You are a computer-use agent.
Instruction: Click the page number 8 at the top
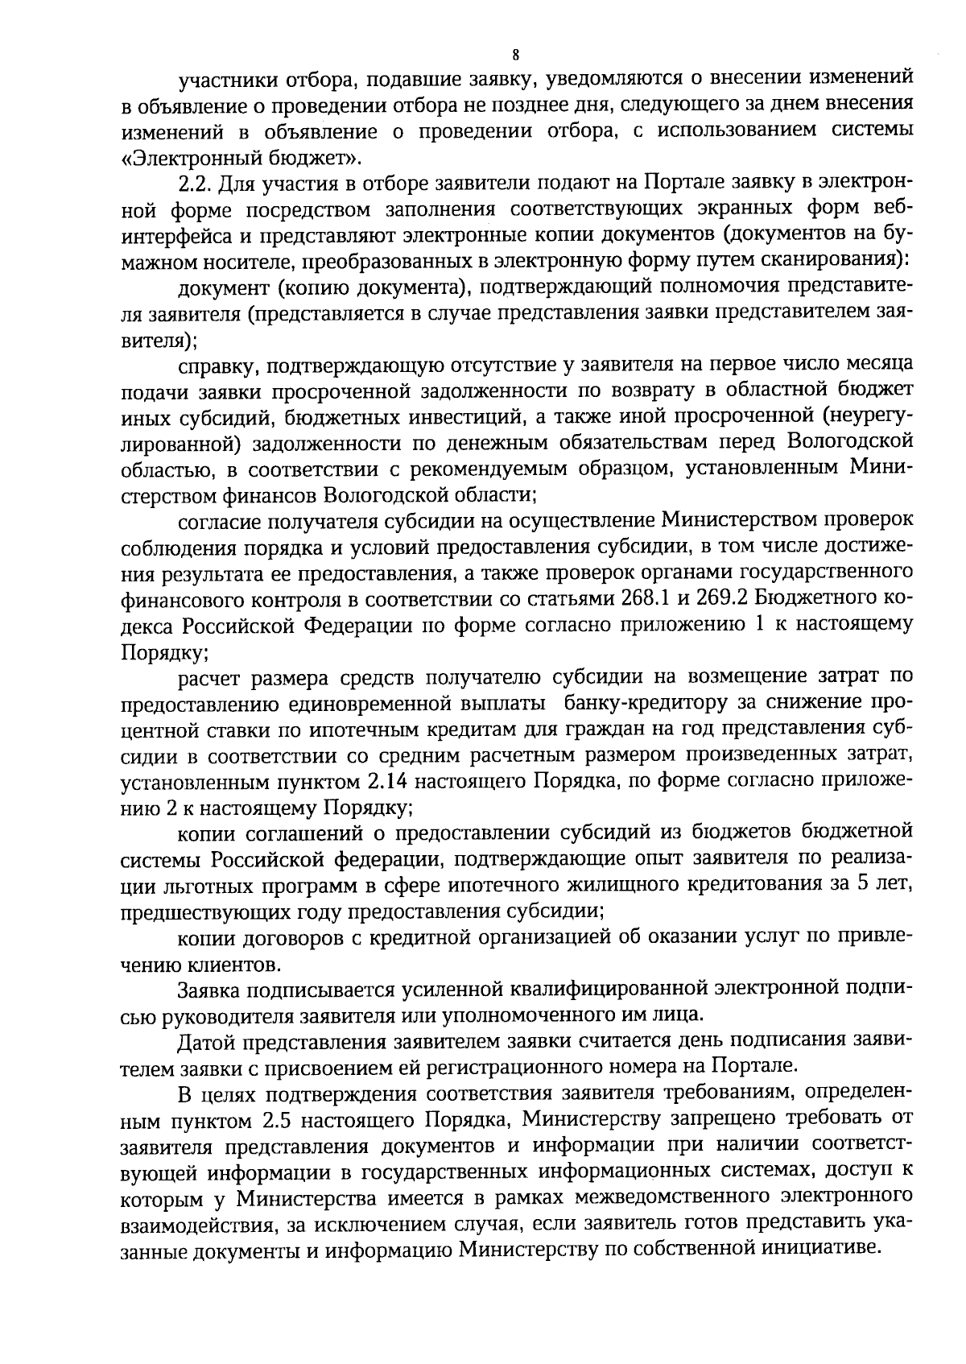coord(516,55)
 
